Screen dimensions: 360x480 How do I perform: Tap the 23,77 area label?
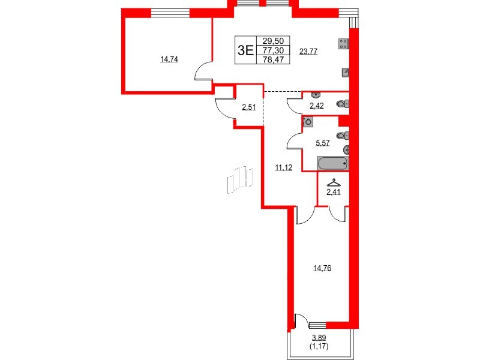308,52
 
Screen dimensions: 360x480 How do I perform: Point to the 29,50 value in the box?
274,41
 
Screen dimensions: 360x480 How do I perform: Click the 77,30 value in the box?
274,50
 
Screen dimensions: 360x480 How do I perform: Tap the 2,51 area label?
249,107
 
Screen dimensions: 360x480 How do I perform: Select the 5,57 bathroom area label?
323,143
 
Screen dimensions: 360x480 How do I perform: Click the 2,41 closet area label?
333,192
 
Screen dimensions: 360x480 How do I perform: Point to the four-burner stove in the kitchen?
344,43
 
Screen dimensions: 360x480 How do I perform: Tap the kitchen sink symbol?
346,72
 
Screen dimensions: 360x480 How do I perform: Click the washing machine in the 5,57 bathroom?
308,121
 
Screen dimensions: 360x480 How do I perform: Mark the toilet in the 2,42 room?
343,104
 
